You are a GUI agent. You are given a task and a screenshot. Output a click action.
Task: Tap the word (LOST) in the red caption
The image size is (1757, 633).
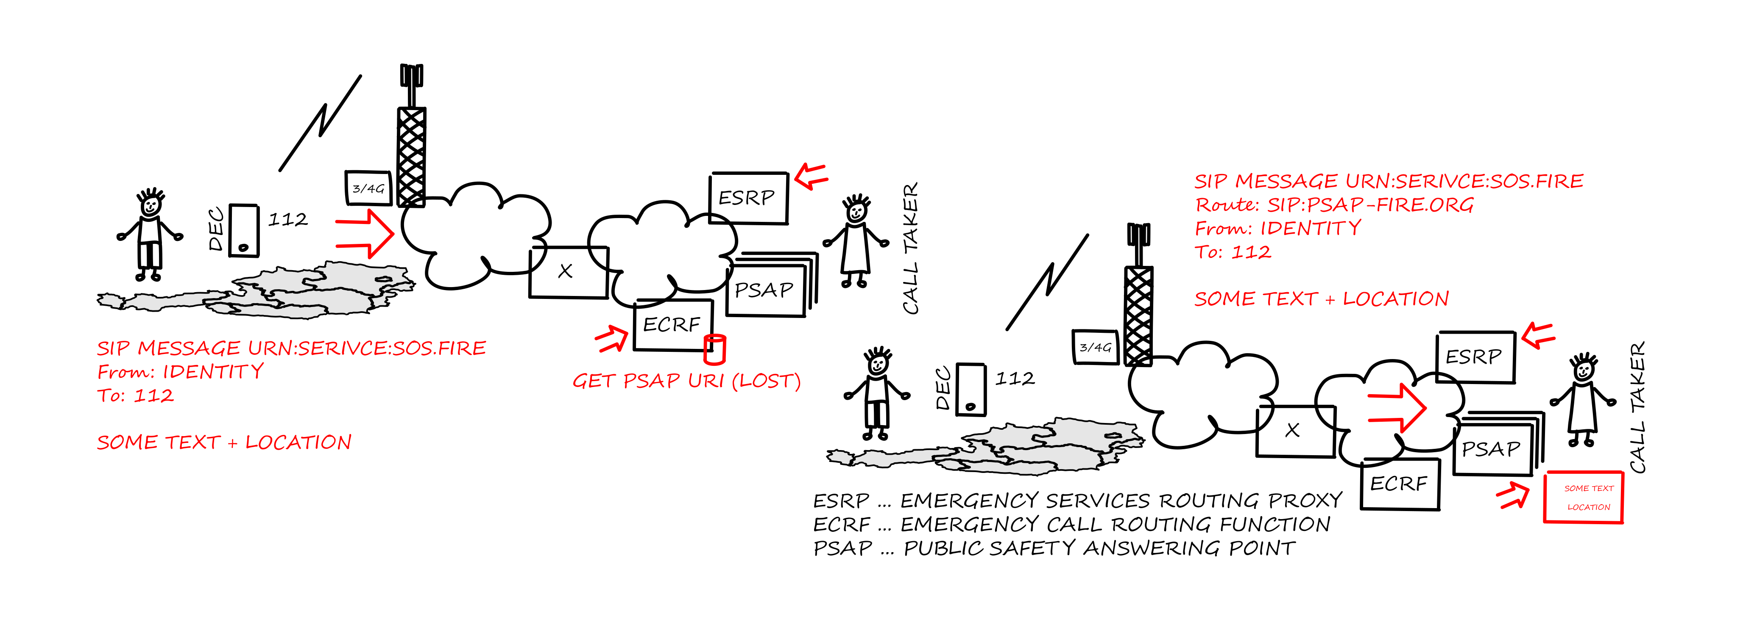[766, 381]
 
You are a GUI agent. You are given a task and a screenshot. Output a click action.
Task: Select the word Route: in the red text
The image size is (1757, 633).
[1228, 205]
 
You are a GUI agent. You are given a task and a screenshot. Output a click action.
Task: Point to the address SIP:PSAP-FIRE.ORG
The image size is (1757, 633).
[1370, 205]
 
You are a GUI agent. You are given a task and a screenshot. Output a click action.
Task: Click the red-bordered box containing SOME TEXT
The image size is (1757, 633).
[1584, 498]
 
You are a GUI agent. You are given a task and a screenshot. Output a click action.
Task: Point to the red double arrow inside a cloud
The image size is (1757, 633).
[1397, 407]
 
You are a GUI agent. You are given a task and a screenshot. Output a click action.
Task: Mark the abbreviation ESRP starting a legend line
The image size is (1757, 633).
[842, 501]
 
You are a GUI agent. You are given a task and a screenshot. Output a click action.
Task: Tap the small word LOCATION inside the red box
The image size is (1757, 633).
[1589, 507]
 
